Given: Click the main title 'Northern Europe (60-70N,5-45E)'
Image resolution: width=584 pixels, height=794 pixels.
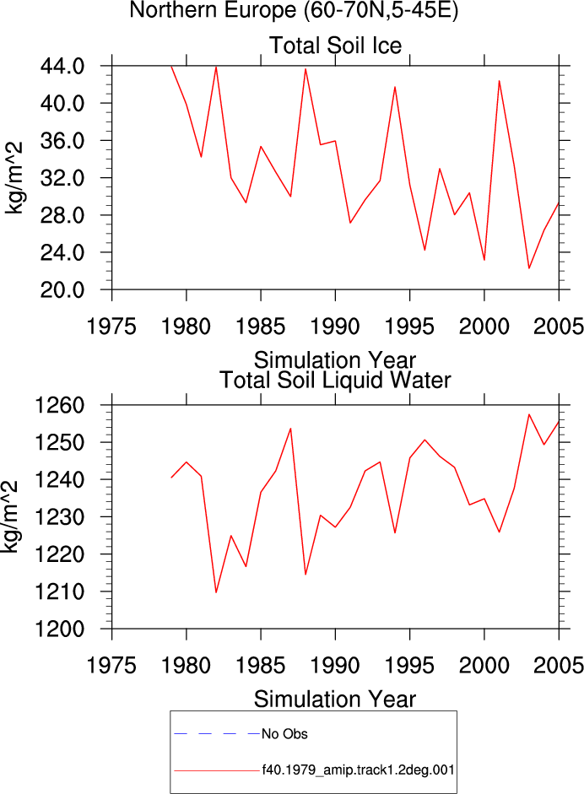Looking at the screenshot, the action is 294,10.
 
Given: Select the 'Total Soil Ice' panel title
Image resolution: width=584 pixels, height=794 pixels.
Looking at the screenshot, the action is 335,45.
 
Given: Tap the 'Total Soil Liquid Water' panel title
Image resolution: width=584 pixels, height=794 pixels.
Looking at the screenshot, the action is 335,381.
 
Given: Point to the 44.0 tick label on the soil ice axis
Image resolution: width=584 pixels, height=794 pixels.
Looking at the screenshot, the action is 62,66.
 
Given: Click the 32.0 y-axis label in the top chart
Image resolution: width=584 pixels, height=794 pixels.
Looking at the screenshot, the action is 62,178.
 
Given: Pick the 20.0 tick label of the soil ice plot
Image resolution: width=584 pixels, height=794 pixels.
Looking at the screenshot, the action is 62,289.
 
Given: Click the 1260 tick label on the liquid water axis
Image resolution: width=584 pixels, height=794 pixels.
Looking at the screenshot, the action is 59,405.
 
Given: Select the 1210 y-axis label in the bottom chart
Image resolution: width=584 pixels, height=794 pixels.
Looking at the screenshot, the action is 59,591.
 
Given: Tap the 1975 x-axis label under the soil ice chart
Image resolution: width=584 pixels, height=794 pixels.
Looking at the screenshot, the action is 111,327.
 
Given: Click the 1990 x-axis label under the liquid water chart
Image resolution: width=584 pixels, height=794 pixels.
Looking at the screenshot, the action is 335,666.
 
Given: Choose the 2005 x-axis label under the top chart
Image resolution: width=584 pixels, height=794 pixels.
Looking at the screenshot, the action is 559,327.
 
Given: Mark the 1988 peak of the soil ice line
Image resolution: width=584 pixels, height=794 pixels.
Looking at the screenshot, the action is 306,69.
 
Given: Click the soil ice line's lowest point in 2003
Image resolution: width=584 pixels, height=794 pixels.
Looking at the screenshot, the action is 529,268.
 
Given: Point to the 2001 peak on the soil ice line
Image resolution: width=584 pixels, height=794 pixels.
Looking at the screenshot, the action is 499,80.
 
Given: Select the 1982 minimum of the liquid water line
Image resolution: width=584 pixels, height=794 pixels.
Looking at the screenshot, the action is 216,592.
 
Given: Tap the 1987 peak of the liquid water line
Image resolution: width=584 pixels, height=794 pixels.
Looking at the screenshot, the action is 290,429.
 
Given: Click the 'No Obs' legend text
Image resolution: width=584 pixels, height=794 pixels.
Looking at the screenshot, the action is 284,734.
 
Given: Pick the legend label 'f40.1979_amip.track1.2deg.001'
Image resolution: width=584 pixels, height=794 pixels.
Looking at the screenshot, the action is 358,770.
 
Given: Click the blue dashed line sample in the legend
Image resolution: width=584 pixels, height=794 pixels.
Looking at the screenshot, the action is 217,733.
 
